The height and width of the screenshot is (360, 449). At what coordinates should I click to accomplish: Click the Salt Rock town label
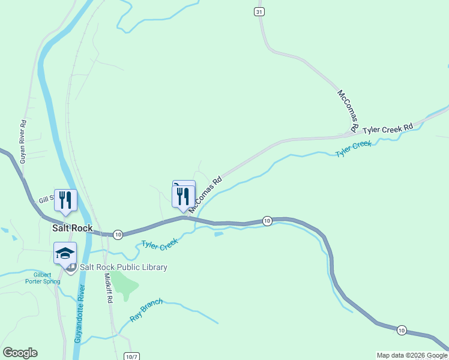point(73,228)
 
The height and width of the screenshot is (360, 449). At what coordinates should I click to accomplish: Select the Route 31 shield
point(259,12)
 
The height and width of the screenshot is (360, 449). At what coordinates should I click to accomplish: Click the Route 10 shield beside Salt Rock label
point(118,234)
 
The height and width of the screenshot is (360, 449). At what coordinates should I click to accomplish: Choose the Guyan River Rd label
point(23,142)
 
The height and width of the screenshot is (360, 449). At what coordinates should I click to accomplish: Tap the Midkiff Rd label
point(109,289)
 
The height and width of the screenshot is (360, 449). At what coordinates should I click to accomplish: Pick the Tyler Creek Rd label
point(388,128)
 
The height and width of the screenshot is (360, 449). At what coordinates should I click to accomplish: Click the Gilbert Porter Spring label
point(43,278)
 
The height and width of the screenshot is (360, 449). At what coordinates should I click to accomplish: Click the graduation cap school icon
point(65,253)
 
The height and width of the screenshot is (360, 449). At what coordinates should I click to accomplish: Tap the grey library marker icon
point(71,268)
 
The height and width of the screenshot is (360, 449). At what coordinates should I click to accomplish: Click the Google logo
point(20,353)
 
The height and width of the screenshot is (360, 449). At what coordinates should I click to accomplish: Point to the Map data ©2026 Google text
point(412,355)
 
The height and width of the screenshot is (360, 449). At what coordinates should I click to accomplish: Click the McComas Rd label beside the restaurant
point(205,194)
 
